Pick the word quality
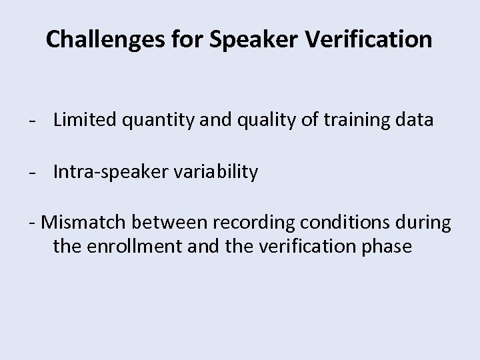coord(259,121)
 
